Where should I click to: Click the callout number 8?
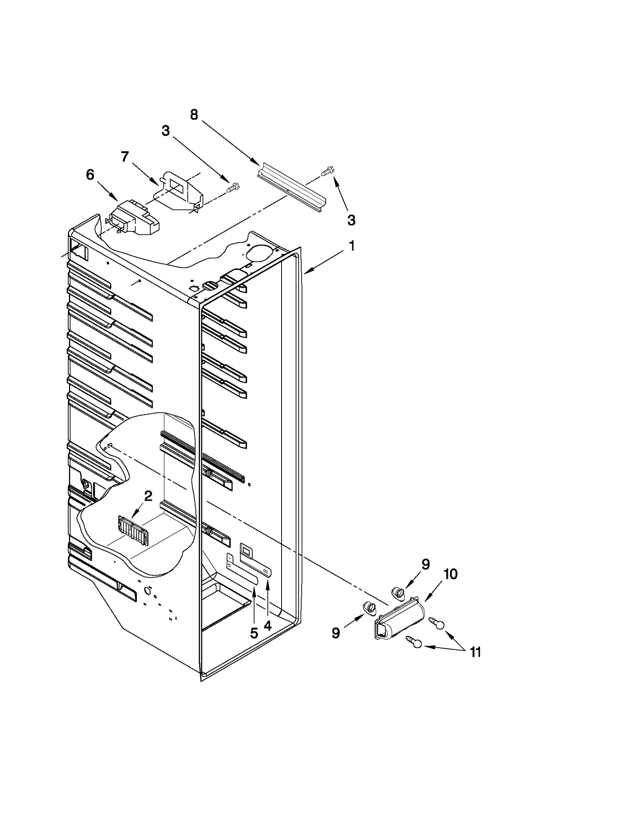194,115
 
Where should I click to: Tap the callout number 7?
125,156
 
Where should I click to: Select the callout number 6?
90,175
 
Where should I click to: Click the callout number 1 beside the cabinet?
351,246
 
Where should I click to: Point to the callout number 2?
148,496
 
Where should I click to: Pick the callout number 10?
450,574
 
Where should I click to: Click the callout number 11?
476,652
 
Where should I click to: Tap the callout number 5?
254,633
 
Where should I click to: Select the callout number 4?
268,626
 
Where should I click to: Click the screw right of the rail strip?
327,171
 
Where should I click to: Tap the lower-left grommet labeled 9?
369,608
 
